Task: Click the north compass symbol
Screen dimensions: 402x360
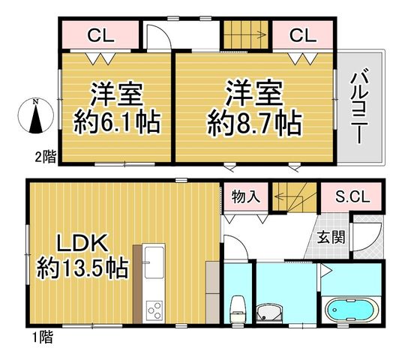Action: tap(36, 116)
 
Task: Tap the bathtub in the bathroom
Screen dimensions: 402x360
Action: tap(351, 310)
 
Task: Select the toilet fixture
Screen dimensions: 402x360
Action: tap(238, 310)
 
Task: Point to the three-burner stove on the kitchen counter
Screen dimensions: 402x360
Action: tap(154, 310)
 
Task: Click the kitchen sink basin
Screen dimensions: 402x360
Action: tap(154, 262)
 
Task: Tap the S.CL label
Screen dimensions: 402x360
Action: tap(352, 197)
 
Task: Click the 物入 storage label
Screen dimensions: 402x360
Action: tap(246, 197)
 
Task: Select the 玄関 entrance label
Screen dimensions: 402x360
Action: tap(331, 237)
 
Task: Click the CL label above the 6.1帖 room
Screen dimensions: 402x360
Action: tap(100, 36)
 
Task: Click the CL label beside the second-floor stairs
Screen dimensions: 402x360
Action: tap(303, 36)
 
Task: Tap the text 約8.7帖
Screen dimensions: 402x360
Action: tap(253, 122)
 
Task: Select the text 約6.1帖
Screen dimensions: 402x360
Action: tap(117, 121)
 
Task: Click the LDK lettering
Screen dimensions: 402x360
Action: tap(82, 242)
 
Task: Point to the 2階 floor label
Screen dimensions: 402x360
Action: tap(45, 157)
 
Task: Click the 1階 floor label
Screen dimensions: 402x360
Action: tap(43, 337)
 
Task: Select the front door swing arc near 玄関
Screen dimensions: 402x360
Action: tap(376, 241)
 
